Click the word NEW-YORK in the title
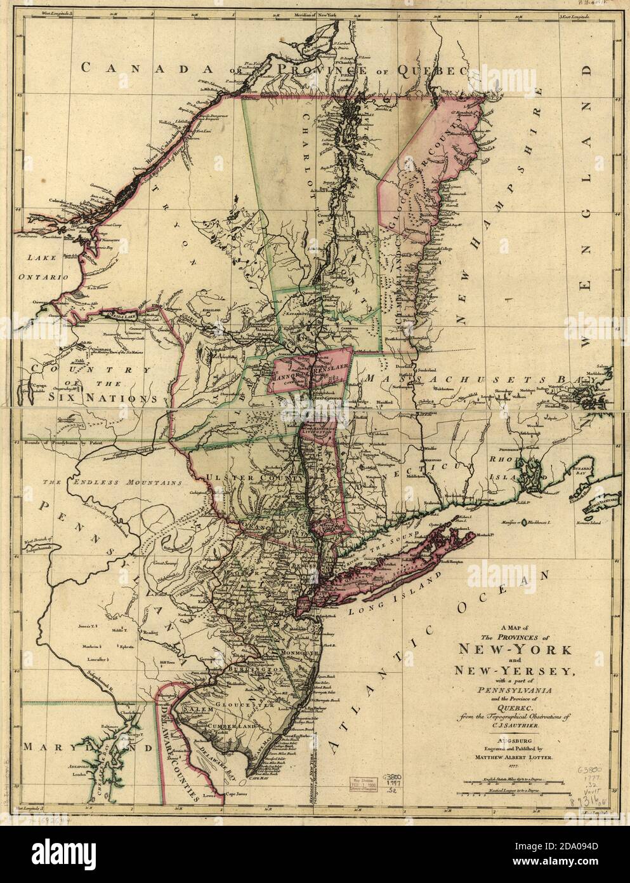click(517, 650)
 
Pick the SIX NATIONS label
click(102, 397)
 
